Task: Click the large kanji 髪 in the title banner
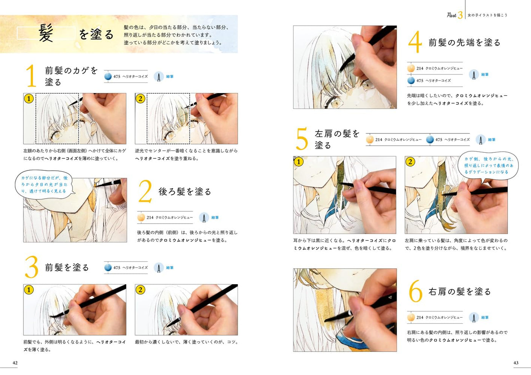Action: pyautogui.click(x=46, y=33)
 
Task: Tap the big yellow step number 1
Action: pyautogui.click(x=31, y=76)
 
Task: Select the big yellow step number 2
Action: pyautogui.click(x=145, y=192)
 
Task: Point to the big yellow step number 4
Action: pyautogui.click(x=415, y=42)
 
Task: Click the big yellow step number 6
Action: pyautogui.click(x=415, y=291)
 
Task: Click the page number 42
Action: pyautogui.click(x=15, y=363)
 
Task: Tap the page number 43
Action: pyautogui.click(x=516, y=363)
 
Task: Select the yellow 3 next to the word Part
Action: pyautogui.click(x=460, y=15)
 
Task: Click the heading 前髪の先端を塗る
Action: pyautogui.click(x=465, y=43)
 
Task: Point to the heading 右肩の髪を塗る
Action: pyautogui.click(x=460, y=291)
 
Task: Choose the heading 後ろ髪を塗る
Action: pyautogui.click(x=185, y=192)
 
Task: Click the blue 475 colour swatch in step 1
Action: pyautogui.click(x=108, y=76)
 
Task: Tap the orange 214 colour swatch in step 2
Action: pyautogui.click(x=141, y=217)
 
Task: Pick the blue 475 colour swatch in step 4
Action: pyautogui.click(x=411, y=81)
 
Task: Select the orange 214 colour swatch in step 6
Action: pyautogui.click(x=411, y=318)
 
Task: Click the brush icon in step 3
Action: pyautogui.click(x=159, y=268)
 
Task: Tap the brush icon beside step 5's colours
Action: pyautogui.click(x=480, y=140)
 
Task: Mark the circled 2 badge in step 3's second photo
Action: pyautogui.click(x=140, y=290)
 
